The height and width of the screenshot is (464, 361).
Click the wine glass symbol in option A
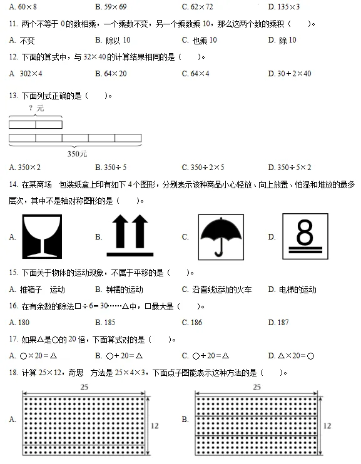(x=42, y=236)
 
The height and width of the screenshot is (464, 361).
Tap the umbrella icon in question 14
(x=221, y=236)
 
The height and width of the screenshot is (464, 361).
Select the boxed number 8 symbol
(x=305, y=236)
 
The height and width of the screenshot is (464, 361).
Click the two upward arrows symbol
(x=130, y=236)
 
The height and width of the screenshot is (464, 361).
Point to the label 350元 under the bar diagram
(x=77, y=153)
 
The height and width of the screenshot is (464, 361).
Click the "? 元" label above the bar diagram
(x=36, y=108)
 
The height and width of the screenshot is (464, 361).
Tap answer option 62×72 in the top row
(x=201, y=7)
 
